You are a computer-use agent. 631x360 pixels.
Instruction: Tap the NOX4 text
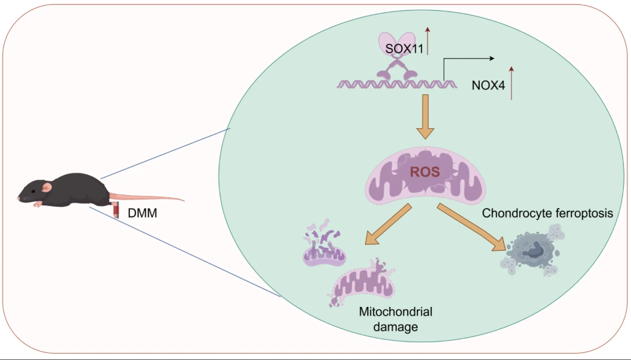click(x=488, y=85)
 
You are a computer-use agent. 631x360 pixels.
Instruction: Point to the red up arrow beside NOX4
click(x=511, y=82)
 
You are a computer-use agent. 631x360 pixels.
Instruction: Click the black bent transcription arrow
click(x=466, y=59)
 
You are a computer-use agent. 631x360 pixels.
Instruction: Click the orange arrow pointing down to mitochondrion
click(x=425, y=116)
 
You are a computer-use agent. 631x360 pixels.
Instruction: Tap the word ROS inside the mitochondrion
click(x=425, y=172)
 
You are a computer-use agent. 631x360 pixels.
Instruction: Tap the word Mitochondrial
click(x=395, y=312)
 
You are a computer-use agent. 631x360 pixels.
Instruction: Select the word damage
click(x=395, y=327)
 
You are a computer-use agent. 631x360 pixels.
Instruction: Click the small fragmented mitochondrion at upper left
click(x=324, y=247)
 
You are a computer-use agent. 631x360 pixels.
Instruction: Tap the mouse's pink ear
click(x=47, y=187)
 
